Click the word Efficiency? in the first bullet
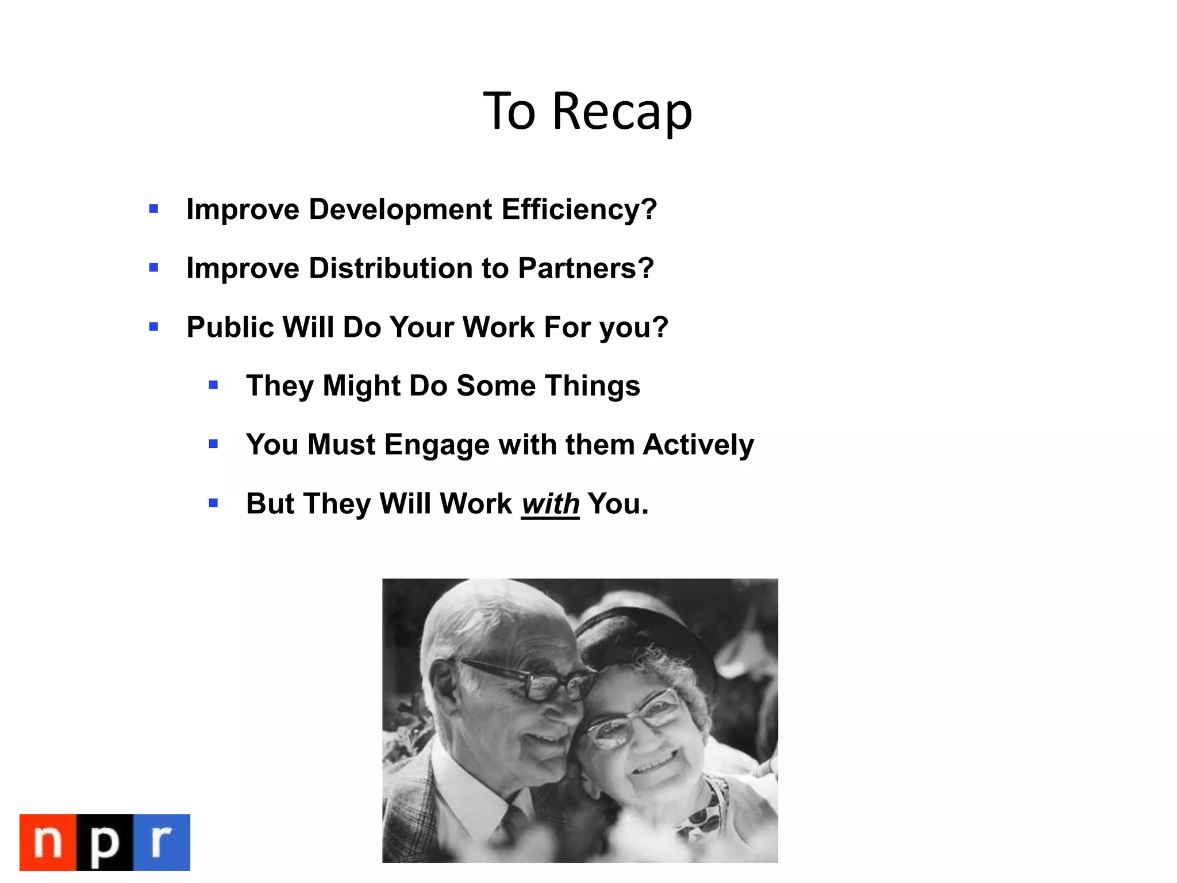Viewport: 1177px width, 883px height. click(579, 209)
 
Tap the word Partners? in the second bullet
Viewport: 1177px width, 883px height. click(586, 268)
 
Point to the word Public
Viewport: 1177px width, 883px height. click(230, 327)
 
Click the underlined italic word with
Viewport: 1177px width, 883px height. click(550, 504)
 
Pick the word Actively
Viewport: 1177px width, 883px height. click(698, 445)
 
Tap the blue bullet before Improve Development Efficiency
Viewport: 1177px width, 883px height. click(153, 209)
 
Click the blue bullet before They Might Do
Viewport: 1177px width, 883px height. click(213, 385)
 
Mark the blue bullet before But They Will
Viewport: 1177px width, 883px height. click(213, 504)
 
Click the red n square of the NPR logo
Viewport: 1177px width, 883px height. click(48, 842)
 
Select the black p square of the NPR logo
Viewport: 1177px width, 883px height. click(105, 842)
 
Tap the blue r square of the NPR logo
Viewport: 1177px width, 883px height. click(161, 842)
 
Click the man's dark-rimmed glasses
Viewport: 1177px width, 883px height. click(534, 681)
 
